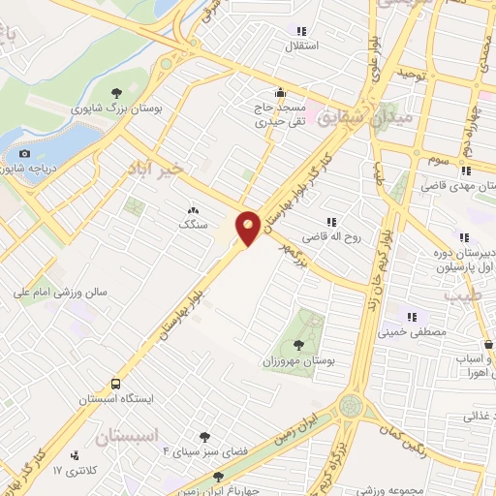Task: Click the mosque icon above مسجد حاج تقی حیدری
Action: point(281,93)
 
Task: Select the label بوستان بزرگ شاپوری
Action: point(118,110)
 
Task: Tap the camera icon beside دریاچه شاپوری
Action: point(24,153)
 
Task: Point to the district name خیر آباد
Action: point(154,170)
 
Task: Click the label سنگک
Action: point(193,224)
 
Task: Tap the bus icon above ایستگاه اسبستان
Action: point(116,384)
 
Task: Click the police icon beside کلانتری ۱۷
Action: point(75,455)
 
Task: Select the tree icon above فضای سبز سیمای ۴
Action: point(204,437)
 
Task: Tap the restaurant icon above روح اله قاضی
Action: point(332,222)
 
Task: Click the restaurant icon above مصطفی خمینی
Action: point(412,316)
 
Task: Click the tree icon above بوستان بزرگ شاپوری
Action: point(118,94)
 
